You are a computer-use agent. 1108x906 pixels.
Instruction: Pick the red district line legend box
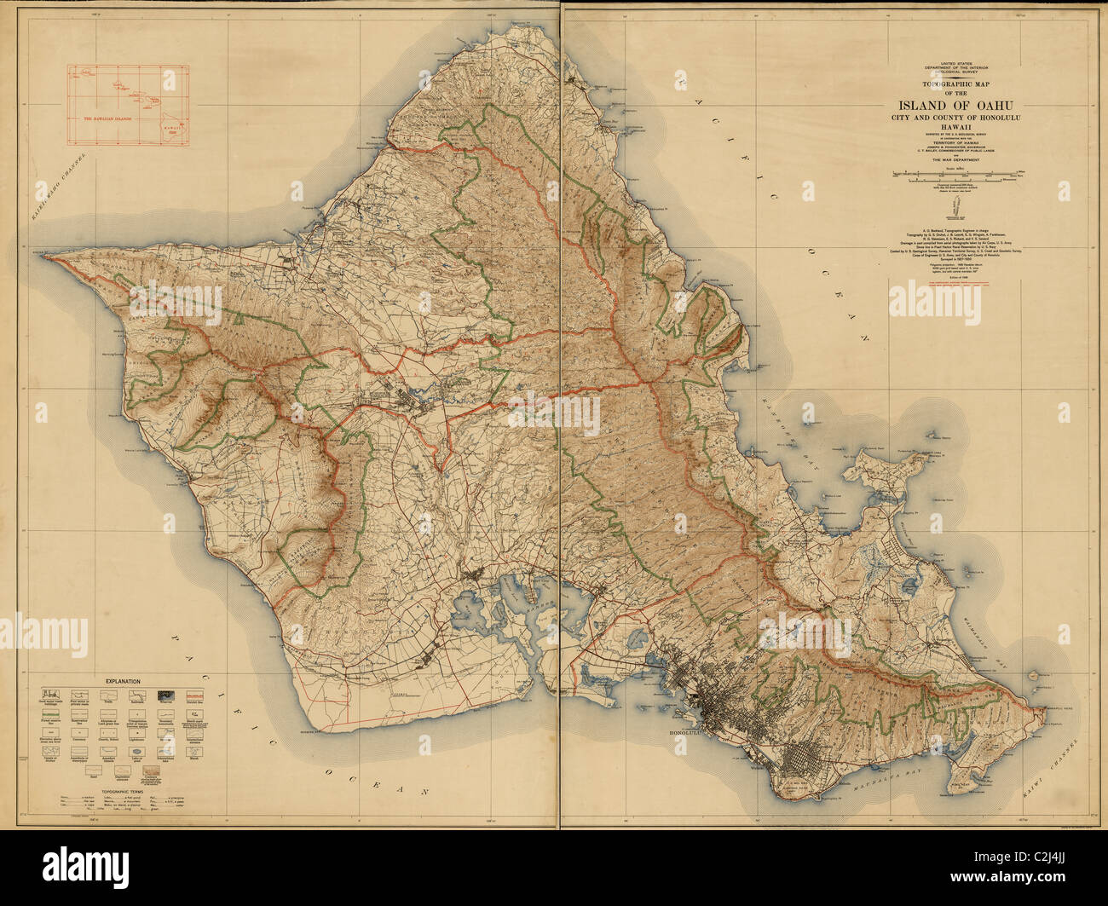coord(195,696)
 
